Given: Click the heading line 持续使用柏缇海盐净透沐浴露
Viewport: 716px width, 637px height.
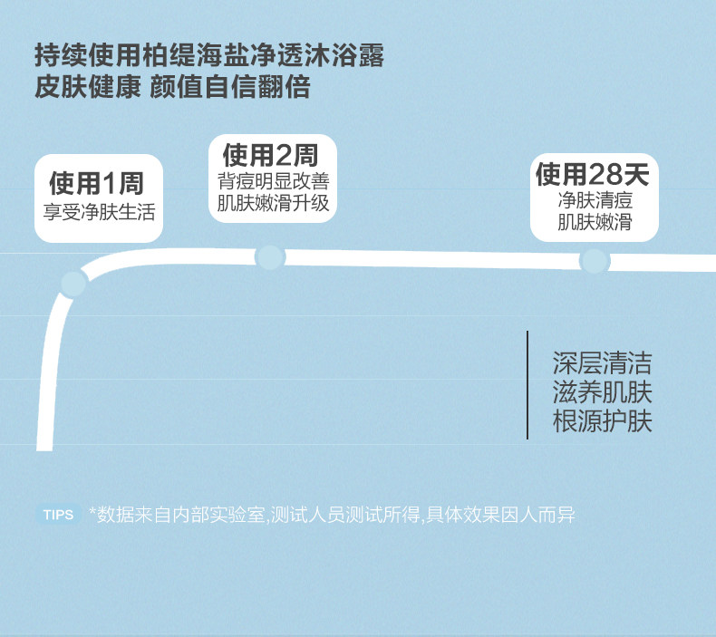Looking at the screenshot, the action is tap(209, 57).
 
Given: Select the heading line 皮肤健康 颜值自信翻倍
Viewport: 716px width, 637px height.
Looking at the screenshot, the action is tap(172, 88).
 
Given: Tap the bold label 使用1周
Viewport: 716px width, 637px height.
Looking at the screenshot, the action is tap(97, 184).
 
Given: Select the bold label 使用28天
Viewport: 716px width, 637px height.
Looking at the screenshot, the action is tap(594, 175).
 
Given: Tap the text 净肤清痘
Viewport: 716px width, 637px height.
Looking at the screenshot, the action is tap(594, 200).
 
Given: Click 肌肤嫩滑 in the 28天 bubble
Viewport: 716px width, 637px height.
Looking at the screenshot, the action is tap(594, 222).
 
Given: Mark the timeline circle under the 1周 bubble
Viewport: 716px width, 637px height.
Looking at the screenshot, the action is tap(73, 284).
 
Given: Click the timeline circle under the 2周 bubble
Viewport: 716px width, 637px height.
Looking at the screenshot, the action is tap(270, 257).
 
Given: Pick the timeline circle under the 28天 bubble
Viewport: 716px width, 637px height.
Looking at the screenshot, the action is tap(594, 261).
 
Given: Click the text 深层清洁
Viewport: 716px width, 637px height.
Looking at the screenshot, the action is tap(602, 364).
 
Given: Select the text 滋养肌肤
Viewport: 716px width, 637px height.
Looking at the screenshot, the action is tap(602, 392).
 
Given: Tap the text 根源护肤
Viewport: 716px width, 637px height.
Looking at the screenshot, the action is tap(602, 421).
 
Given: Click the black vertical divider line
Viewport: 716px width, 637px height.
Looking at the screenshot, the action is tap(527, 385).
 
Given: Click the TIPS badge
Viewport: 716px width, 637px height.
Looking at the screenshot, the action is tap(58, 515).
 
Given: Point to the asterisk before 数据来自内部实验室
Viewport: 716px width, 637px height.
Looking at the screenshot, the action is tap(92, 513).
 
